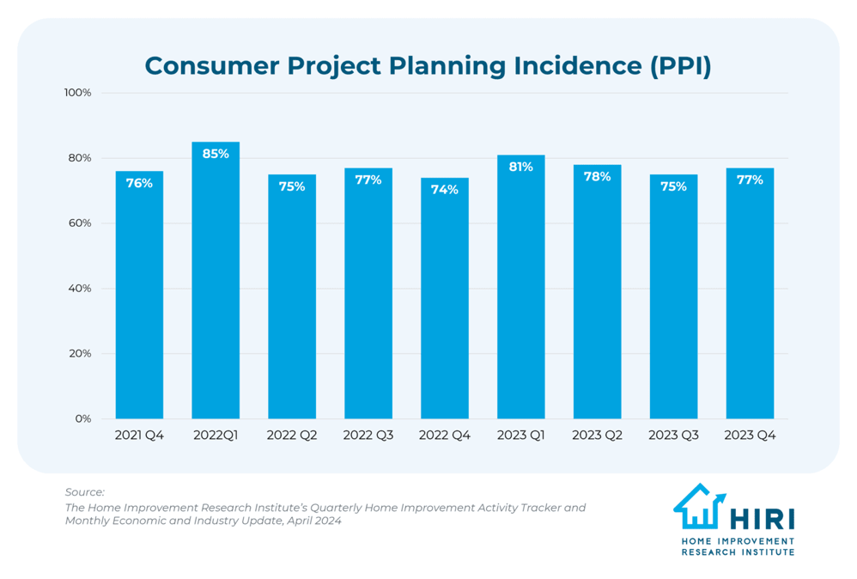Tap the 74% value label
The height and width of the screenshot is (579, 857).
[x=444, y=190]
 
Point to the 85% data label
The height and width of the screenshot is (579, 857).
[x=216, y=154]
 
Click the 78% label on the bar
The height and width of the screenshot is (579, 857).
[x=597, y=176]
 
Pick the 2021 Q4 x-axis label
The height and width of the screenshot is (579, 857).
[x=139, y=436]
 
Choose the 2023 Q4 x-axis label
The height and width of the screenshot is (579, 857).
[x=750, y=436]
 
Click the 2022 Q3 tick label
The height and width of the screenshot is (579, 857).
[x=368, y=436]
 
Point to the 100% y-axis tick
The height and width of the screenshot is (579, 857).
[x=77, y=93]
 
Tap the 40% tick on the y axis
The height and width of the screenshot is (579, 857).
[x=80, y=289]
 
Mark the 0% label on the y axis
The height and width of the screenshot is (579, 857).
[x=82, y=419]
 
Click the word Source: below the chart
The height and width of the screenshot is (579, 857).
[x=84, y=492]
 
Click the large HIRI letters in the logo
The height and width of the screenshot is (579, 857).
[x=763, y=518]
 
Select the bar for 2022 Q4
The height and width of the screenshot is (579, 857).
[x=444, y=301]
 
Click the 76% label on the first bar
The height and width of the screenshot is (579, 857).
[x=139, y=183]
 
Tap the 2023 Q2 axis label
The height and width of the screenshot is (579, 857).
[x=597, y=436]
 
